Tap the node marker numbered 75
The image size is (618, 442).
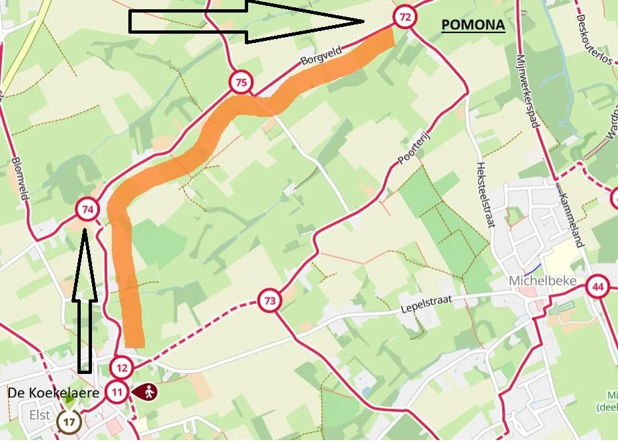click(242, 83)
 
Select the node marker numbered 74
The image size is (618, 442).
click(87, 211)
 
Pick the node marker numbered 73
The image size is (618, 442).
click(269, 301)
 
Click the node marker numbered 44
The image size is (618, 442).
click(598, 287)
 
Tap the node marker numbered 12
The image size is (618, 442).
click(122, 367)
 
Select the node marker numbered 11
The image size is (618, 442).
click(117, 392)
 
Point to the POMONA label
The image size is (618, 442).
click(473, 26)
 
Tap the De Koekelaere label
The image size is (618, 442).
click(54, 393)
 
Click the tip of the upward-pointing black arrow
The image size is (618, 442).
click(85, 228)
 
